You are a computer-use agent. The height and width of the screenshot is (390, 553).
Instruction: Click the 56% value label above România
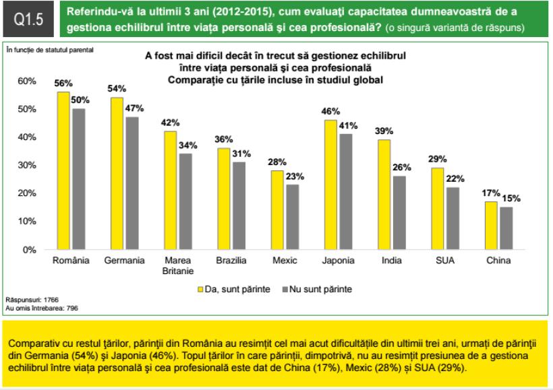pos(63,83)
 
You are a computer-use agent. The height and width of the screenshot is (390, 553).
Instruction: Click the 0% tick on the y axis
pos(28,250)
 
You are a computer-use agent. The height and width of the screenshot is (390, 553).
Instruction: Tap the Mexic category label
pos(284,260)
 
